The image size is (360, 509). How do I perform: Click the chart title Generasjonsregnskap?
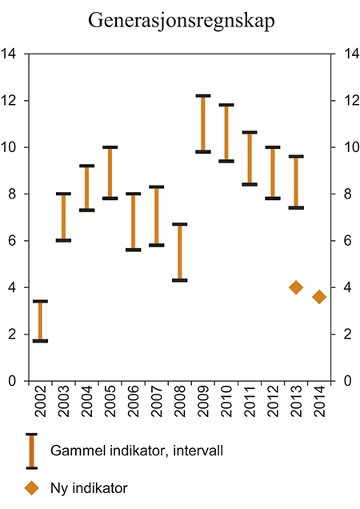(x=179, y=21)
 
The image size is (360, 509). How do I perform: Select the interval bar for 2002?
(x=40, y=321)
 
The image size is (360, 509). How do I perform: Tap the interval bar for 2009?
(x=202, y=124)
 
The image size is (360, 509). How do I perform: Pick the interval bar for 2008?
(x=179, y=252)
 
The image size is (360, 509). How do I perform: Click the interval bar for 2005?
(x=110, y=173)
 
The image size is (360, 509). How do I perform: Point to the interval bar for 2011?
(x=250, y=158)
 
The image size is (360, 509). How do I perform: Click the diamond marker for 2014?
(x=319, y=297)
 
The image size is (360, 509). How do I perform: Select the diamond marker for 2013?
(x=296, y=287)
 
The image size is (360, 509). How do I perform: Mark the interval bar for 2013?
(x=296, y=182)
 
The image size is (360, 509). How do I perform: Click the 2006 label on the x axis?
(x=134, y=409)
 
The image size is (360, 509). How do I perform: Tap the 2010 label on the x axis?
(x=226, y=409)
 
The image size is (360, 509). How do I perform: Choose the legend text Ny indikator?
(x=90, y=487)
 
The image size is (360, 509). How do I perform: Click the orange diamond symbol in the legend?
(x=32, y=487)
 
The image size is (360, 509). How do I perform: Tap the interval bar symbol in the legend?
(x=32, y=451)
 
